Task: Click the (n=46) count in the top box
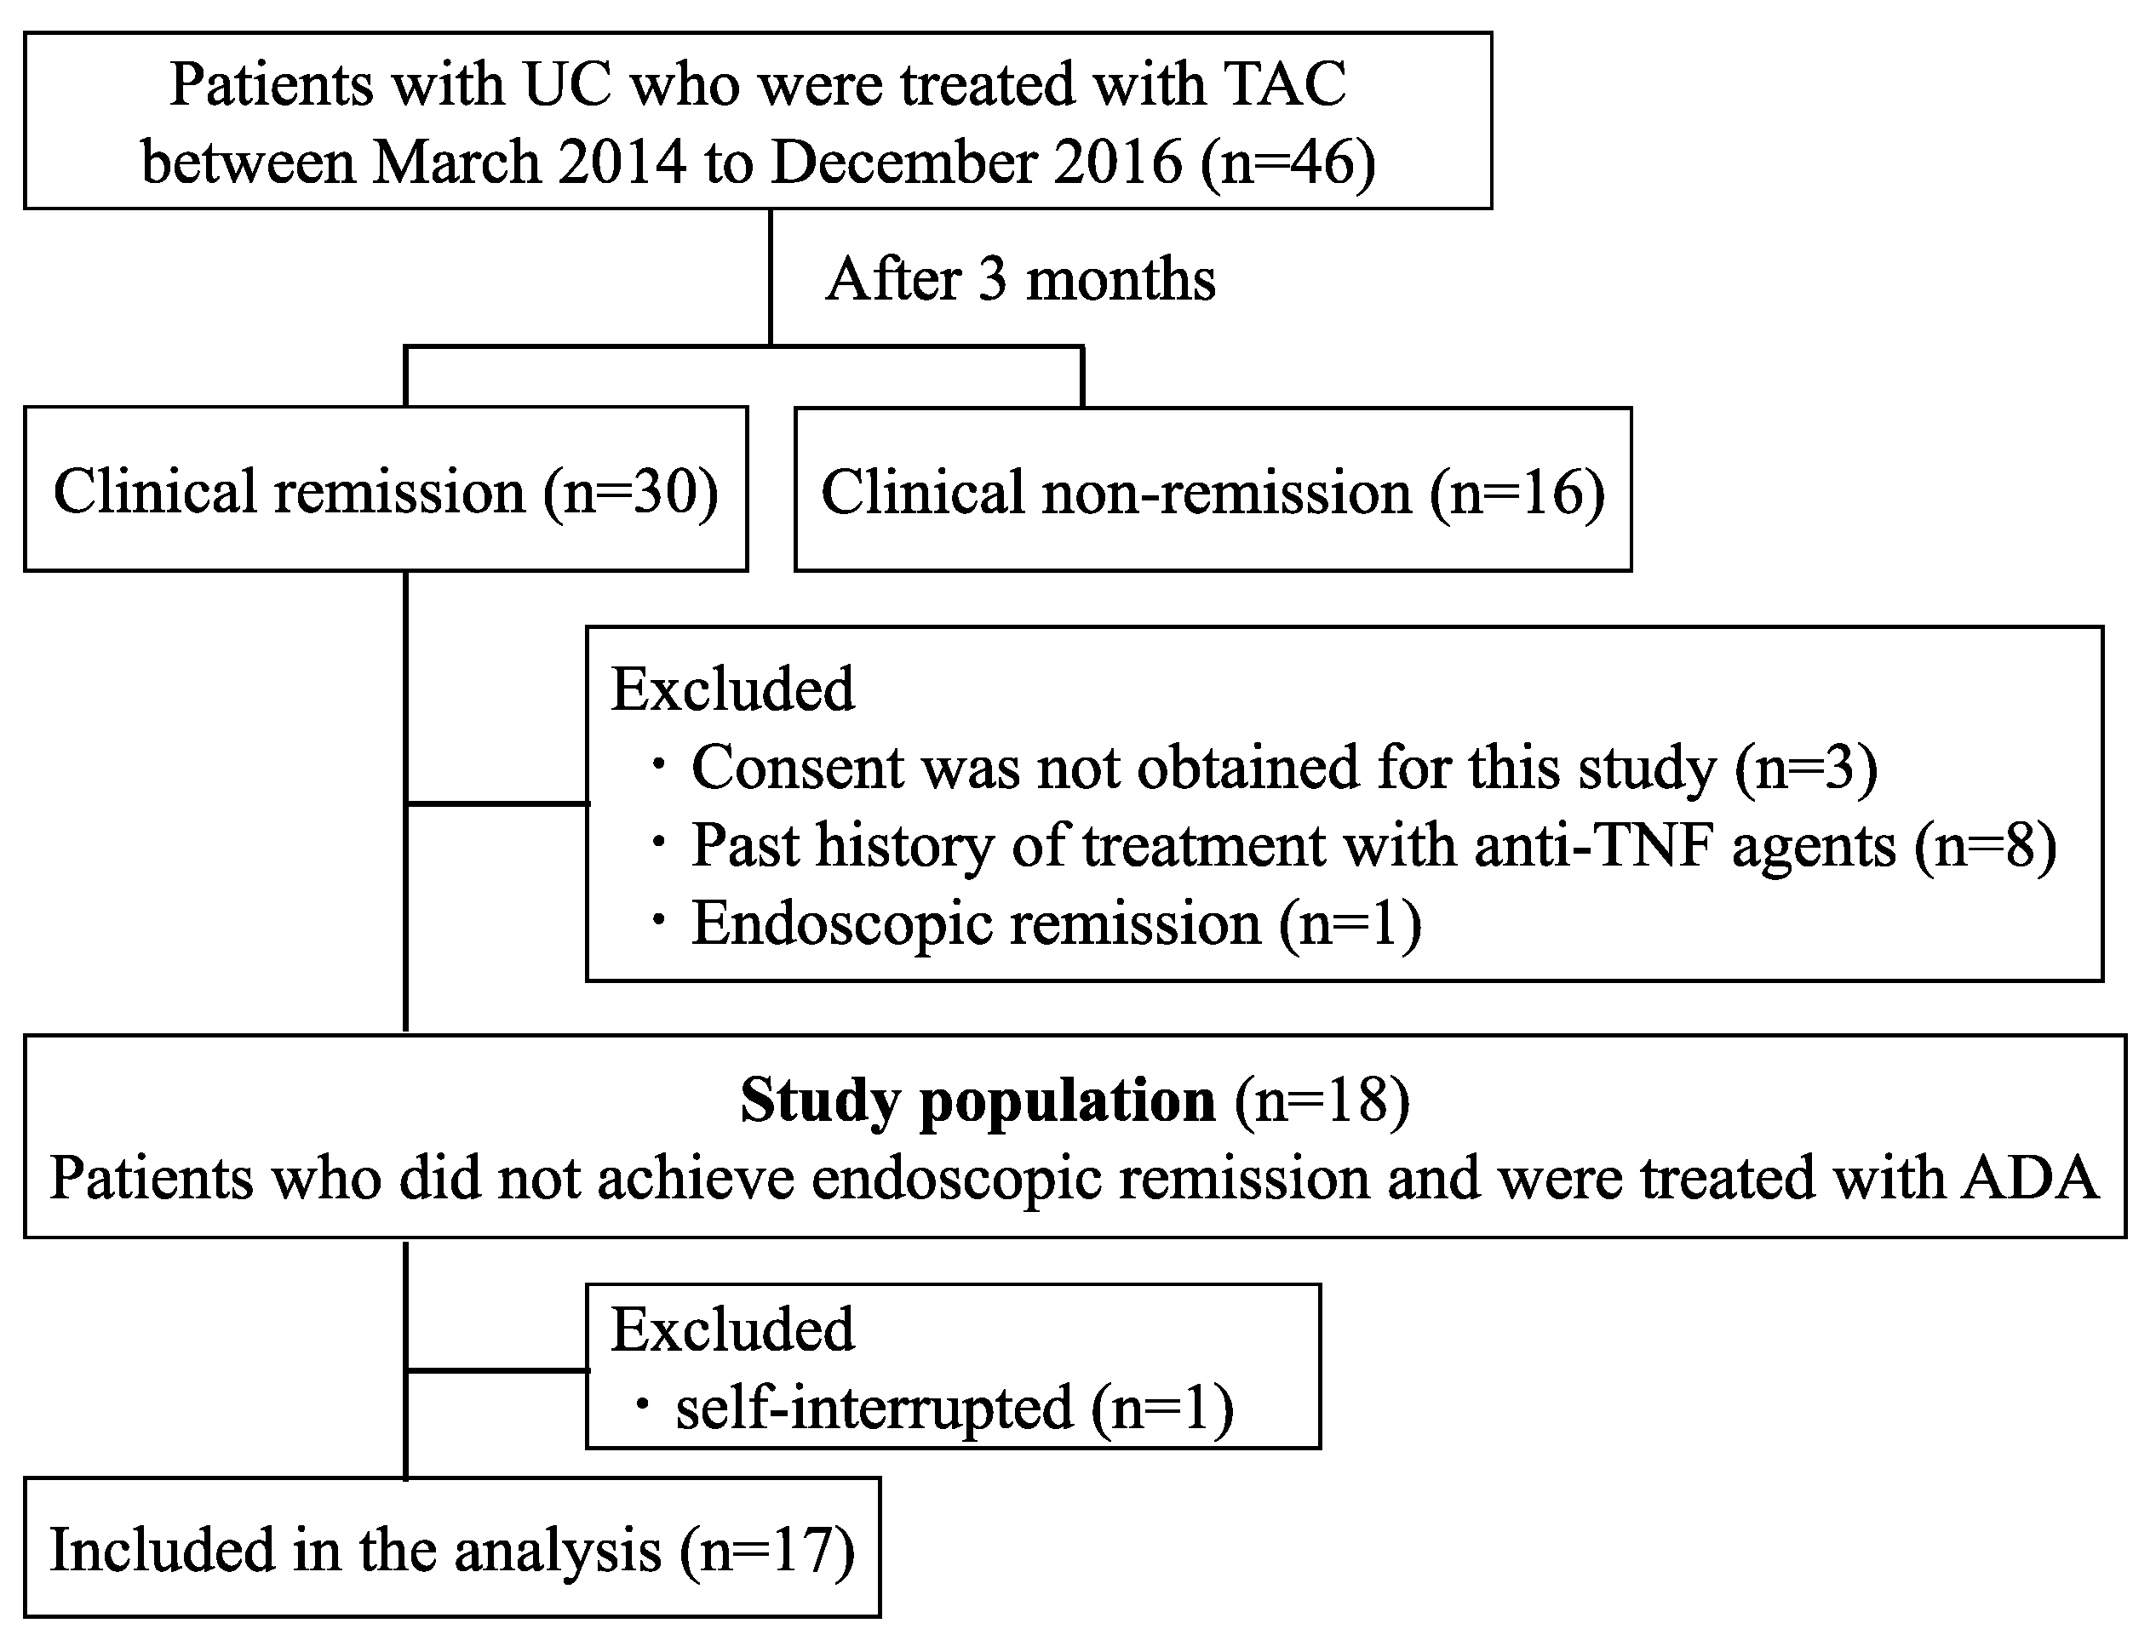coord(1287,163)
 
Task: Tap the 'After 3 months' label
coord(1020,279)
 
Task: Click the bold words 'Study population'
coord(977,1100)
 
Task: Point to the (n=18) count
coord(1323,1100)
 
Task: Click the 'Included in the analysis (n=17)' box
coord(451,1551)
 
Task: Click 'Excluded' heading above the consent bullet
coord(733,689)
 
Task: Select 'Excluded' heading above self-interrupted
coord(733,1329)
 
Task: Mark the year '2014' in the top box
coord(622,163)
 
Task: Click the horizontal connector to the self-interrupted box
coord(496,1369)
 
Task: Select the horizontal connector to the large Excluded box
coord(496,803)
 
